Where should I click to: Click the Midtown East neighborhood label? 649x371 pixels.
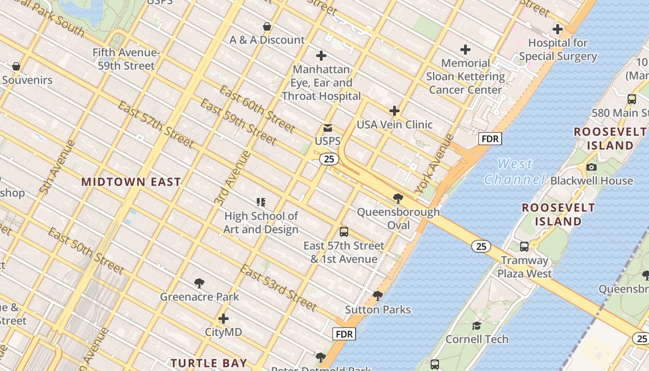click(x=131, y=182)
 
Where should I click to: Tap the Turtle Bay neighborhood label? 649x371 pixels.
click(x=209, y=363)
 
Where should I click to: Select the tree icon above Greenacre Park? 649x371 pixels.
click(x=199, y=282)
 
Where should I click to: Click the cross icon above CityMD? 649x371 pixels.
click(x=223, y=319)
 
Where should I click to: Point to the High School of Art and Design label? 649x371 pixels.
click(x=261, y=223)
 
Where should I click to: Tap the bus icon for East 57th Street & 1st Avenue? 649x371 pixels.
click(x=344, y=232)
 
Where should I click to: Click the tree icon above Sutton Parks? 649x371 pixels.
click(x=378, y=295)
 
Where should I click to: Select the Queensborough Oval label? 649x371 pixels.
click(x=398, y=218)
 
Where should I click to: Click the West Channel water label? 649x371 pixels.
click(x=515, y=172)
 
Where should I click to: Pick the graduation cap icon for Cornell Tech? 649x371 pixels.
click(x=477, y=326)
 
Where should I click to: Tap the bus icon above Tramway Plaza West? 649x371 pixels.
click(x=524, y=247)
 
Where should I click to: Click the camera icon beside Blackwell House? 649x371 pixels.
click(x=591, y=167)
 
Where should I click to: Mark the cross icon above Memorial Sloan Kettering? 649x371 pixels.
click(x=465, y=50)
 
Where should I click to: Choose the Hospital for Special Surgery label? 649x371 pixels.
click(x=558, y=50)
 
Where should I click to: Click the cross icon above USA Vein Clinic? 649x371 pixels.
click(x=394, y=111)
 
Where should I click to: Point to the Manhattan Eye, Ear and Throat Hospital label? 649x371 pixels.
click(x=321, y=83)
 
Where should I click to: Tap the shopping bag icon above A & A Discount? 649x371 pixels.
click(x=267, y=26)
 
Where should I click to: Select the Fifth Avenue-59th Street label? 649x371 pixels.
click(x=126, y=59)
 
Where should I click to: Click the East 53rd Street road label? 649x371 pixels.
click(x=279, y=288)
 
